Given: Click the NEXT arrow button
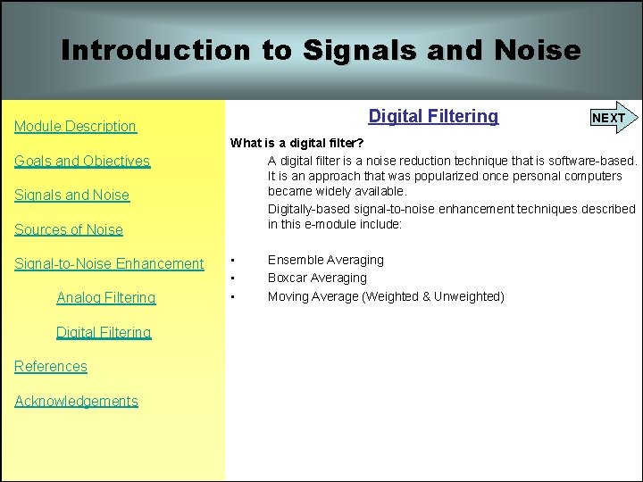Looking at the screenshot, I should coord(611,118).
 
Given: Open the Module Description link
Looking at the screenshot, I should coord(75,127).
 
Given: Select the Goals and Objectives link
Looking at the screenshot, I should coord(82,162).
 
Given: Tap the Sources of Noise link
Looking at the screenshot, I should coord(69,230).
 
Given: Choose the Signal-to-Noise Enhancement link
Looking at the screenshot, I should coord(109,264).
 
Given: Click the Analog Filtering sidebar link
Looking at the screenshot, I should coord(105,298).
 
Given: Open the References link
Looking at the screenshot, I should coord(51,367).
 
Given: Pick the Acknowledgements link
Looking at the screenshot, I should coord(76,402).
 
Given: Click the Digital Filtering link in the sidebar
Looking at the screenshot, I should coord(104,333).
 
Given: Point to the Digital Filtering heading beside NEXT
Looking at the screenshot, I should coord(433,116).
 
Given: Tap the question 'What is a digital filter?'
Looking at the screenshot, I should coord(296,143).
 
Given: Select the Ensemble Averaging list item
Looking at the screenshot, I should coord(325,260).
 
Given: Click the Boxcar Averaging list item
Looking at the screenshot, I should coord(317,278).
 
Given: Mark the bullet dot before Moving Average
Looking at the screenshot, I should coord(232,296).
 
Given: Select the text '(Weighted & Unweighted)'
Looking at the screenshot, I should coord(433,296).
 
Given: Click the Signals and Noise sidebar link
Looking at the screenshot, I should coord(71,195).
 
